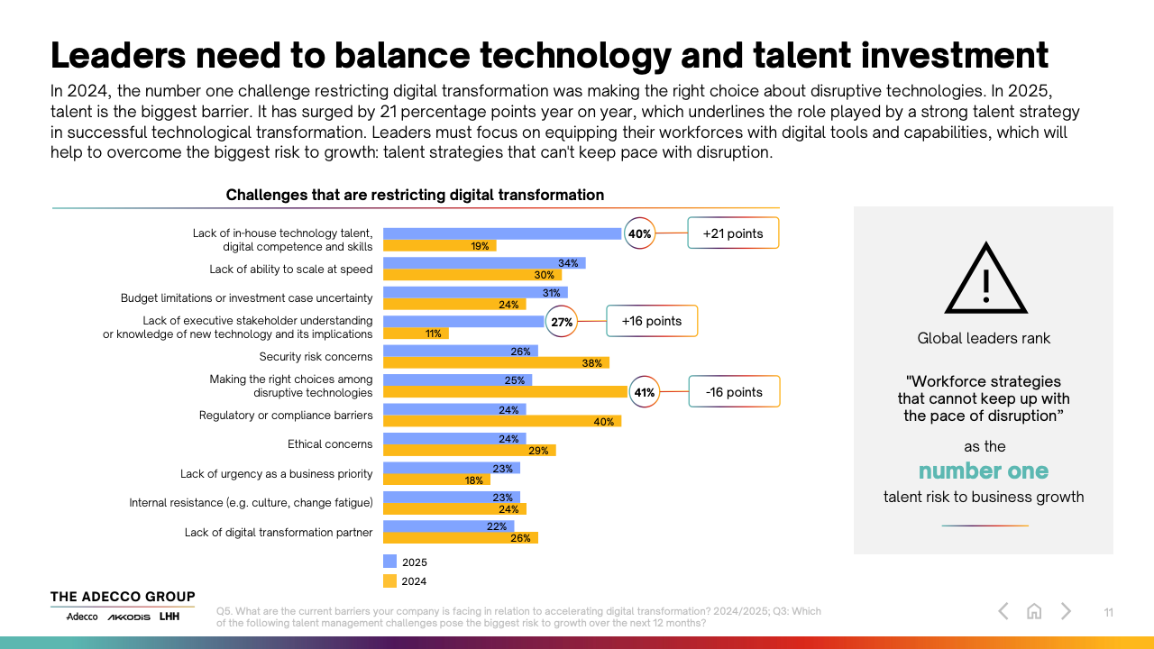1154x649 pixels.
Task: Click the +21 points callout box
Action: click(x=732, y=233)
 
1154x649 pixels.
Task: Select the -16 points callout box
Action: click(x=734, y=392)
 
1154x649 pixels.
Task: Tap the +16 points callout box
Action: click(x=652, y=321)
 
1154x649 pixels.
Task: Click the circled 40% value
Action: click(x=639, y=233)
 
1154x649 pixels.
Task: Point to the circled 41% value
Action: click(x=645, y=392)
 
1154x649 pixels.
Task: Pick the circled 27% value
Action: click(x=562, y=322)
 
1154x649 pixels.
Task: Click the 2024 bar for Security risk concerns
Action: click(x=496, y=362)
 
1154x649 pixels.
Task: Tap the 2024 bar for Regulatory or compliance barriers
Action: click(x=502, y=421)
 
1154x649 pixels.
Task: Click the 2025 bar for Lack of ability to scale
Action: click(x=484, y=263)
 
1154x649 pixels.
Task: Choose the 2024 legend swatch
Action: click(x=389, y=580)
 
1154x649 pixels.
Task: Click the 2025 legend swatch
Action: click(x=389, y=562)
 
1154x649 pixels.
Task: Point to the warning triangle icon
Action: click(x=985, y=279)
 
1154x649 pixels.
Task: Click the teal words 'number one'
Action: click(x=984, y=471)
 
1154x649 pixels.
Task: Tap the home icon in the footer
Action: click(x=1034, y=611)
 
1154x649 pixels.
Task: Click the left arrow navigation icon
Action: click(x=1003, y=611)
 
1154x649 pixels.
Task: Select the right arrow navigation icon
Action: click(x=1066, y=611)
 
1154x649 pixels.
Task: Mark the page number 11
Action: click(x=1109, y=613)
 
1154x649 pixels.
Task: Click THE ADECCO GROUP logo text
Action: click(x=123, y=597)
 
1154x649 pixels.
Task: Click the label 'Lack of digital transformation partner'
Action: click(x=279, y=532)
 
